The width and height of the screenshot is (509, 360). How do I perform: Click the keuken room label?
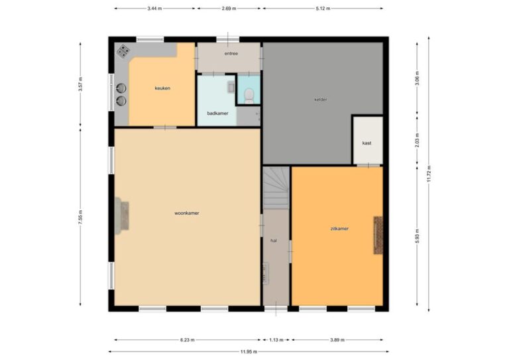[x=162, y=88]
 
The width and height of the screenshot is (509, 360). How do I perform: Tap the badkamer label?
[x=217, y=113]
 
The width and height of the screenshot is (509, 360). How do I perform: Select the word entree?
[x=231, y=54]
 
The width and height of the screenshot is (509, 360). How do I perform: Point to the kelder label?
[x=321, y=99]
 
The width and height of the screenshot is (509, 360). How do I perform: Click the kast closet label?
[x=367, y=143]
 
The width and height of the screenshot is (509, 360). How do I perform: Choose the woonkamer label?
[x=187, y=213]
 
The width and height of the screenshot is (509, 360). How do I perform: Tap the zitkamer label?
[x=339, y=229]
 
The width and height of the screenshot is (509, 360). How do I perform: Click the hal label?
[x=274, y=241]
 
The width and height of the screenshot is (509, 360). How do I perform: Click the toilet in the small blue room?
[x=249, y=95]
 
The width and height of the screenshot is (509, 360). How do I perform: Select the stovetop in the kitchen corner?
[x=123, y=51]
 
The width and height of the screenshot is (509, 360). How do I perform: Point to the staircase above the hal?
[x=276, y=188]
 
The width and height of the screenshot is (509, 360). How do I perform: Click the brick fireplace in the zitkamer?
[x=378, y=235]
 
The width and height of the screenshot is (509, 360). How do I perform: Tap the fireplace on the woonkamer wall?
[x=122, y=216]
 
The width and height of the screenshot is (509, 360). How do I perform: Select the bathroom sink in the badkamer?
[x=231, y=88]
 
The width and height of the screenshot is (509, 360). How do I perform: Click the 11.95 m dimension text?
[x=249, y=351]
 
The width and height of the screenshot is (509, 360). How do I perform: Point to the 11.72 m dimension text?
[x=429, y=174]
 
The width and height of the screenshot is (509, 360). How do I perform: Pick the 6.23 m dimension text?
[x=188, y=340]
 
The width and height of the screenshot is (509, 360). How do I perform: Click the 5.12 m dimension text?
[x=323, y=9]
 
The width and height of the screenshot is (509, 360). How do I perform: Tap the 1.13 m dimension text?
[x=276, y=340]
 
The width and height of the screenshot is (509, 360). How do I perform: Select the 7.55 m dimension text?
[x=80, y=217]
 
